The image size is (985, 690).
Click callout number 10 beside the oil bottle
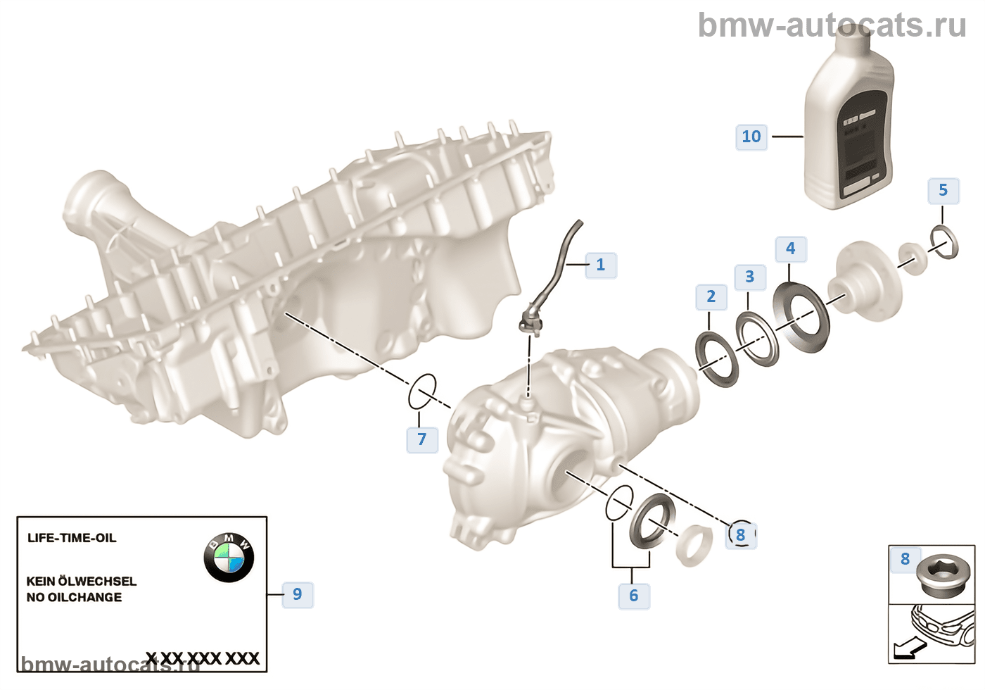coord(751,137)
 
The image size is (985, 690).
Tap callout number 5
coord(943,190)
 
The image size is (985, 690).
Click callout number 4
coord(791,249)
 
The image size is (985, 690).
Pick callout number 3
coord(750,277)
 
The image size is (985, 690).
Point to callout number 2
coord(711,296)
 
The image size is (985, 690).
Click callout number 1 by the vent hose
coord(601,265)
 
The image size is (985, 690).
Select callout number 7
coord(422,439)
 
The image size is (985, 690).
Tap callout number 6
coord(634,596)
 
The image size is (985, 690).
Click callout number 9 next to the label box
coord(298,594)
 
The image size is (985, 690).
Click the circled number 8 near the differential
coord(741,535)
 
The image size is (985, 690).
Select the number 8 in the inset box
coord(905,559)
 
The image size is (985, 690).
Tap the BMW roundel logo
coord(228,557)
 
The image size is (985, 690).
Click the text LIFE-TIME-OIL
coord(72,538)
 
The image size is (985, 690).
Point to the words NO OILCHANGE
coord(74,597)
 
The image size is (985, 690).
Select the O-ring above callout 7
coord(422,391)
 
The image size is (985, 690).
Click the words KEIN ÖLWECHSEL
coord(82,581)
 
